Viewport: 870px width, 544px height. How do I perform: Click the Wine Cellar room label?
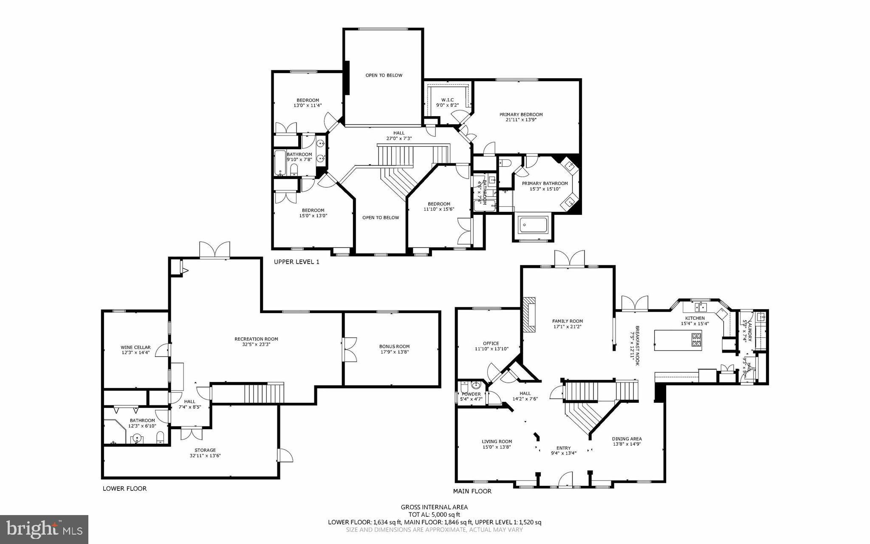135,347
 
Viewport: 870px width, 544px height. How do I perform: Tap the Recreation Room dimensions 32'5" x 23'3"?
256,345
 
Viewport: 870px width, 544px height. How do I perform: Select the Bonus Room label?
394,346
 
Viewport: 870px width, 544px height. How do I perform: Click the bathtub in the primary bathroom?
533,225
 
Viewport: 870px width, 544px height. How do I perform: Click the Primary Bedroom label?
521,114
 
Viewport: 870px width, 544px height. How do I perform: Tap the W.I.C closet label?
445,100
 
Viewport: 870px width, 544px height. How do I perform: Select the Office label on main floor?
491,343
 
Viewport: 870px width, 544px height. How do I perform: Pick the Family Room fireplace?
529,315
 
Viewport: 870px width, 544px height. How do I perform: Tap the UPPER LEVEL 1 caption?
297,262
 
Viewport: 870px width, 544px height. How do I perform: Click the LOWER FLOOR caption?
124,488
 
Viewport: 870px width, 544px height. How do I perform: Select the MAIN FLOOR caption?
472,491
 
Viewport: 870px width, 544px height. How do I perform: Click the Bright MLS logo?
44,529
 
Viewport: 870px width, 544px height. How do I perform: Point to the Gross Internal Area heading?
434,507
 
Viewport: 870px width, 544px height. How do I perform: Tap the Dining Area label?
627,439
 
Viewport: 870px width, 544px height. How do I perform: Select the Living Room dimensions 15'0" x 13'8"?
497,447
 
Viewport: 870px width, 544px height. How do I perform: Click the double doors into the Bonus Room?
350,350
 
